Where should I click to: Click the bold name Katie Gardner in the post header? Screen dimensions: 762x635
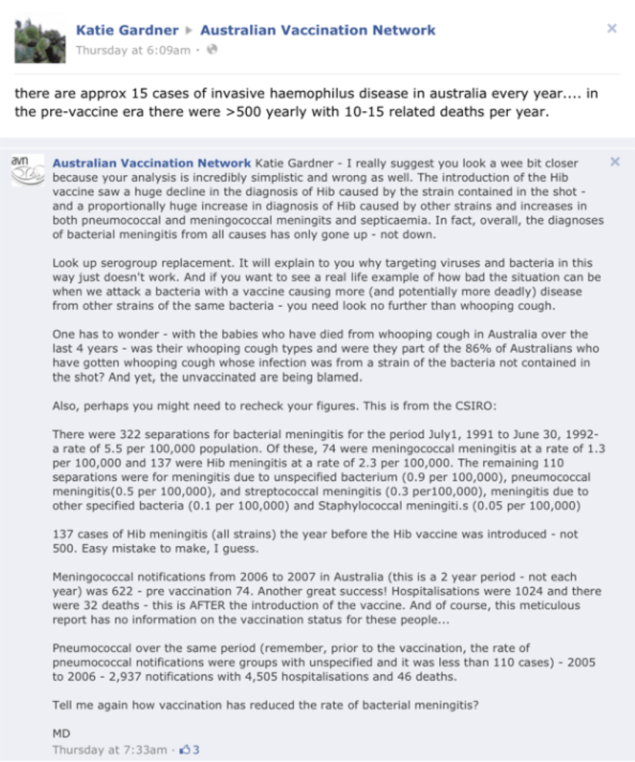(x=127, y=30)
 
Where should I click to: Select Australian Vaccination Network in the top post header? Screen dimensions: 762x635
(x=318, y=30)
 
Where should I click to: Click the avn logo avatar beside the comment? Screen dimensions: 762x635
(x=27, y=169)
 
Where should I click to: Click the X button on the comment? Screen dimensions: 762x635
(x=614, y=162)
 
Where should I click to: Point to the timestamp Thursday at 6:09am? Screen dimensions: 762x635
(x=133, y=51)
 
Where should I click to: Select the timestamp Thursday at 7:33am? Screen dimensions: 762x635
(x=110, y=750)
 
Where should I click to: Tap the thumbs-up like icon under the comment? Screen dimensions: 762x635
(x=185, y=750)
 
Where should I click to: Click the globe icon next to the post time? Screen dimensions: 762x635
(x=212, y=50)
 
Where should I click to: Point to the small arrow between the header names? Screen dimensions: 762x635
(x=189, y=30)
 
